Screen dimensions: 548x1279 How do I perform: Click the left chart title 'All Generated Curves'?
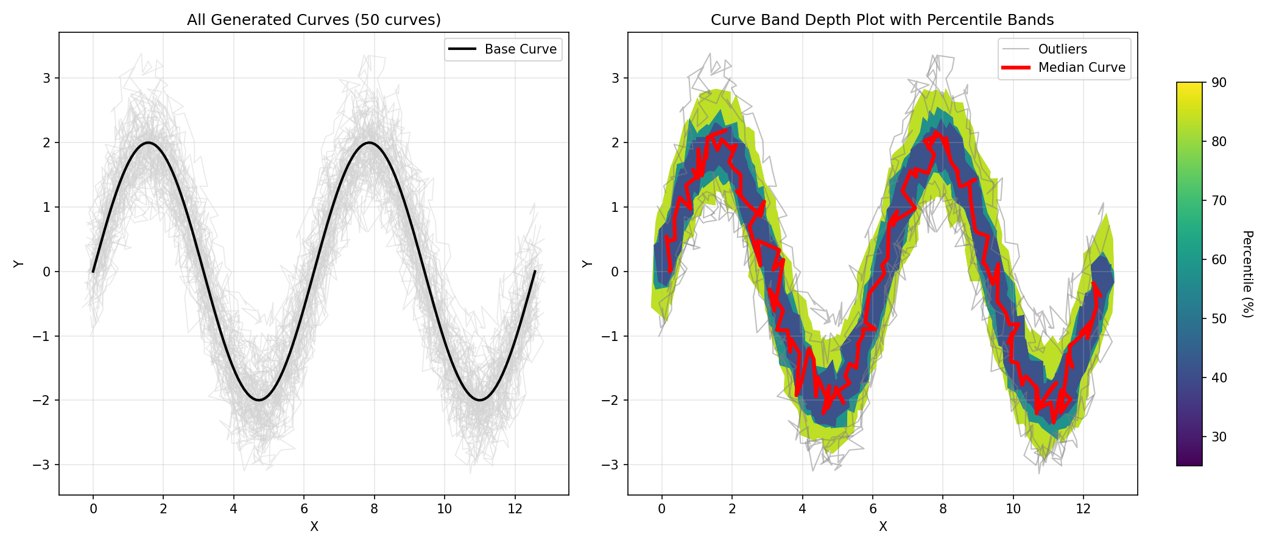[x=314, y=20]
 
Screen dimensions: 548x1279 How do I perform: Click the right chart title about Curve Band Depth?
[x=882, y=20]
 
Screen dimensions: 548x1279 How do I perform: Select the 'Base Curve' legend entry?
[x=520, y=49]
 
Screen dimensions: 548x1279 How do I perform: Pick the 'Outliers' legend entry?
[x=1062, y=49]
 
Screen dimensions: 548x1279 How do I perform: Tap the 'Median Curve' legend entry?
[x=1081, y=68]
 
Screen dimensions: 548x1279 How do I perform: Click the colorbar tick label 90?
[x=1219, y=83]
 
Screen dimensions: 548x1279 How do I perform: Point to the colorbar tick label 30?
[x=1219, y=437]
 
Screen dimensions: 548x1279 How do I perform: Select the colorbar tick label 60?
[x=1219, y=259]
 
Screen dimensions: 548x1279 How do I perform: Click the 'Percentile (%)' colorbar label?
[x=1247, y=274]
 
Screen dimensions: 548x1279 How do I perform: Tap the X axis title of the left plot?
[x=314, y=527]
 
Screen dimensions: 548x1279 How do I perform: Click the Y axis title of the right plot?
[x=587, y=264]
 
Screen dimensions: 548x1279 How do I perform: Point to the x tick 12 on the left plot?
[x=515, y=508]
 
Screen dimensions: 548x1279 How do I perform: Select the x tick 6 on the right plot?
[x=872, y=508]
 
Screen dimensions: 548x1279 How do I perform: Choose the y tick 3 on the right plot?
[x=615, y=79]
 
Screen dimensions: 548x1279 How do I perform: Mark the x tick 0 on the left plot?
[x=93, y=508]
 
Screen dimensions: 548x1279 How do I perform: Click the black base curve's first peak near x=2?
[x=148, y=142]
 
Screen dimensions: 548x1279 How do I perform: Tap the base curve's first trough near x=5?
[x=259, y=400]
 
